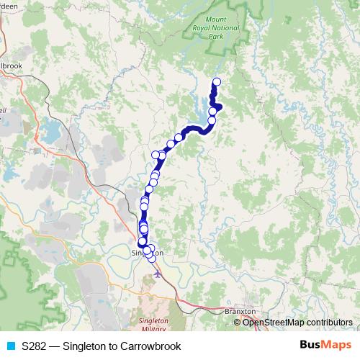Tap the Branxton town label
pos(240,311)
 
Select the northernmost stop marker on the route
pos(217,81)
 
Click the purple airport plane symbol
pos(158,273)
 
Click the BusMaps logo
pos(324,346)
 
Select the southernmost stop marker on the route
pos(151,258)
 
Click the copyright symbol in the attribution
pos(238,322)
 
